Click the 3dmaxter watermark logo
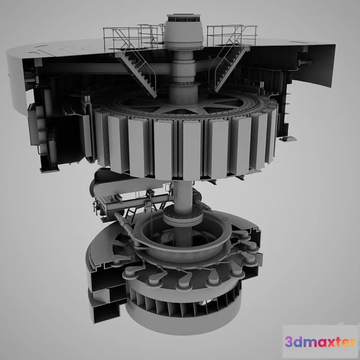[320, 342]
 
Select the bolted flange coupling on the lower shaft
[181, 216]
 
